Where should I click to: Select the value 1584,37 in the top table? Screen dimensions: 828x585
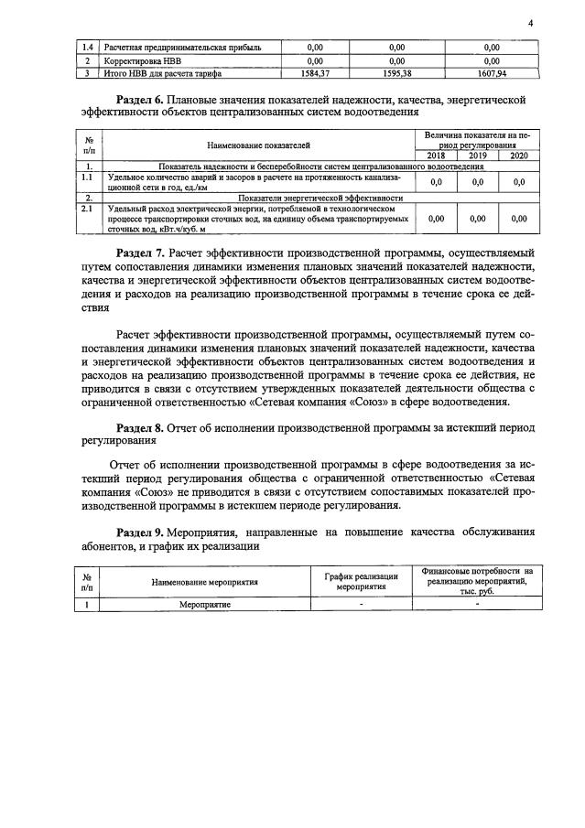[316, 74]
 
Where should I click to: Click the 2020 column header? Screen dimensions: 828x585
[519, 156]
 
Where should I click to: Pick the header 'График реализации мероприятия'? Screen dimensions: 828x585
[361, 581]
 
